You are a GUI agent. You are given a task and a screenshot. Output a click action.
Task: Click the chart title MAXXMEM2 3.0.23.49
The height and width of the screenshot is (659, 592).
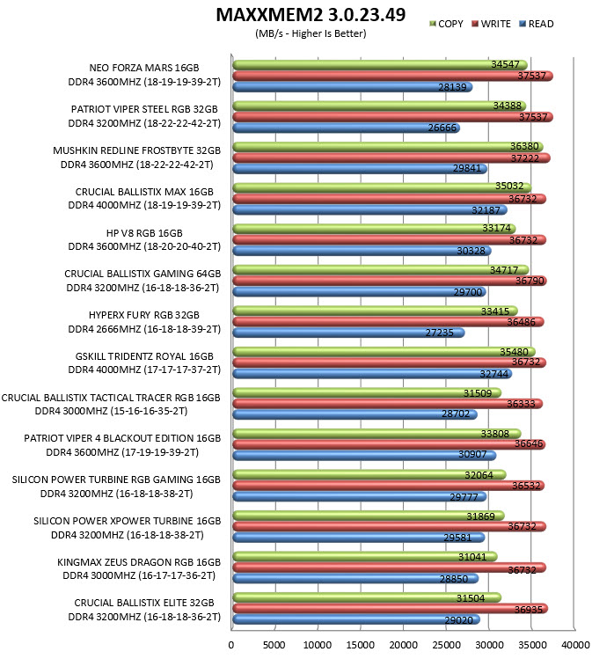coord(311,15)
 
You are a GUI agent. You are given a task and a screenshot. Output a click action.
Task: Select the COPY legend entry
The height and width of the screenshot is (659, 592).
coord(446,24)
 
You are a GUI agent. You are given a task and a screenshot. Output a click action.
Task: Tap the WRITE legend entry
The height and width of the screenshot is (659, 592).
coord(491,24)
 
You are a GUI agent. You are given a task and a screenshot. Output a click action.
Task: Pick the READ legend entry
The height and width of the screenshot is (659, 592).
coord(537,24)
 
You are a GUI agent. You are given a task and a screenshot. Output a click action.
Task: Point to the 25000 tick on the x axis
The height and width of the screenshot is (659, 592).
coord(446,645)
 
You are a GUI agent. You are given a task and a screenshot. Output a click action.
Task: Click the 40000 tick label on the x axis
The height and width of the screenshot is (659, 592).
coord(575,645)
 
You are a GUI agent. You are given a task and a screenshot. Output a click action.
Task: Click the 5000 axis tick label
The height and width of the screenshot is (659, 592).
coord(274,645)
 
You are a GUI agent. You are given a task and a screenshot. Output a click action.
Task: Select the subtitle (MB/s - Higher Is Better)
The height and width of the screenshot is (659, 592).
coord(311,33)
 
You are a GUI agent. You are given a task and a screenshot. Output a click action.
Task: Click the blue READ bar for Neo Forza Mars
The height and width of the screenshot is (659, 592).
coord(353,87)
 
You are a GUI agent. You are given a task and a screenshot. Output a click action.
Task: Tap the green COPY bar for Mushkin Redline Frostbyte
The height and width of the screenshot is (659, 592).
coord(388,147)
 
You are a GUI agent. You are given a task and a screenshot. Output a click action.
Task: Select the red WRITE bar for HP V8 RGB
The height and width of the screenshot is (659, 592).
coord(390,239)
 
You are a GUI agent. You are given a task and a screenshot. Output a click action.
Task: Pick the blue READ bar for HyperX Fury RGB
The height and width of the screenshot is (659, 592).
coord(348,333)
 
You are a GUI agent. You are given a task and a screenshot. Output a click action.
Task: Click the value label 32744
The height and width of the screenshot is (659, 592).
coord(494,374)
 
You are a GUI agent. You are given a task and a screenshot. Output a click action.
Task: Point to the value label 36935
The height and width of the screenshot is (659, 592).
coord(529,609)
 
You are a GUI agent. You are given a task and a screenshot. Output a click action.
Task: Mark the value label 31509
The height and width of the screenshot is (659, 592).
coord(478,392)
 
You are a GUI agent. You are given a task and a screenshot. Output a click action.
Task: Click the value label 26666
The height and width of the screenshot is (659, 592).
coord(442,128)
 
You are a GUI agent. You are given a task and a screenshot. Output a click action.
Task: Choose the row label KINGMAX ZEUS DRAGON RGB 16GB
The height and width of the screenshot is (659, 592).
coord(139,562)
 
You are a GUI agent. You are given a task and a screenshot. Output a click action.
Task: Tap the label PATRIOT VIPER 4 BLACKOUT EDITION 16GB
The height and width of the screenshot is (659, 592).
coord(122,438)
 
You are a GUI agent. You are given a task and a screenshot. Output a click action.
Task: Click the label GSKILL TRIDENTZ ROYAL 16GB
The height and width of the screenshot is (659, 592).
coord(144,356)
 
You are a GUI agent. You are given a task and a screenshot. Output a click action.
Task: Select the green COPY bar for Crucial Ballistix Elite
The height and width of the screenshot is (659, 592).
coord(367,597)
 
